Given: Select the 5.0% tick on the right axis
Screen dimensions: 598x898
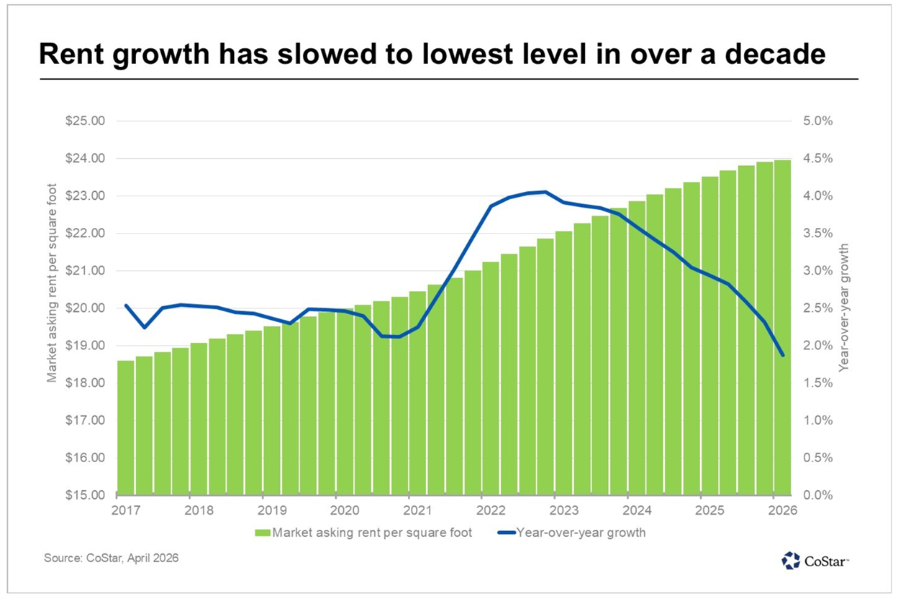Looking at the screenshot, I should pos(817,121).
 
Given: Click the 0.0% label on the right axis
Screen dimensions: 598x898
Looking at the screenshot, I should pos(817,495).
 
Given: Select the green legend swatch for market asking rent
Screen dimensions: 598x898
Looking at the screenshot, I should pos(261,533).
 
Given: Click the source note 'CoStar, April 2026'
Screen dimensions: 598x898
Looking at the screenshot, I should pos(112,558).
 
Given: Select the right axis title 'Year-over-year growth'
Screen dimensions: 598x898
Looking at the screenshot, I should pos(845,307).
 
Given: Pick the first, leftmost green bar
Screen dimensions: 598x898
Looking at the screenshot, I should pos(125,428).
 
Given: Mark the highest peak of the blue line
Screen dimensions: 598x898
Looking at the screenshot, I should pos(545,192).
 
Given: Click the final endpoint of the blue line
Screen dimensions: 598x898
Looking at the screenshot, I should pos(782,355).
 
